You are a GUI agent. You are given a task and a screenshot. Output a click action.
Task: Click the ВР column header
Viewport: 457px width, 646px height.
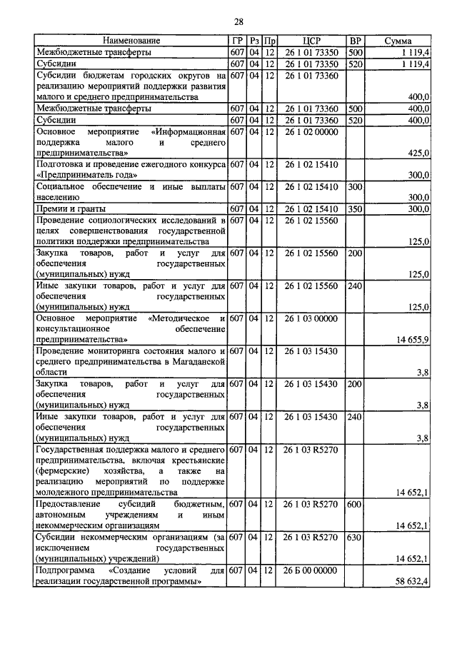click(354, 41)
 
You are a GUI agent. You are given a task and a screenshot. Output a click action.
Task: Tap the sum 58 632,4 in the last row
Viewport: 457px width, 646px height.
click(412, 582)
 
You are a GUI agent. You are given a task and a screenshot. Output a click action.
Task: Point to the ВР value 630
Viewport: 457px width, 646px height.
click(354, 536)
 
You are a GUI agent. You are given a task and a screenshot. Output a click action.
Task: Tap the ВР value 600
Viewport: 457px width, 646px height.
click(354, 504)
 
